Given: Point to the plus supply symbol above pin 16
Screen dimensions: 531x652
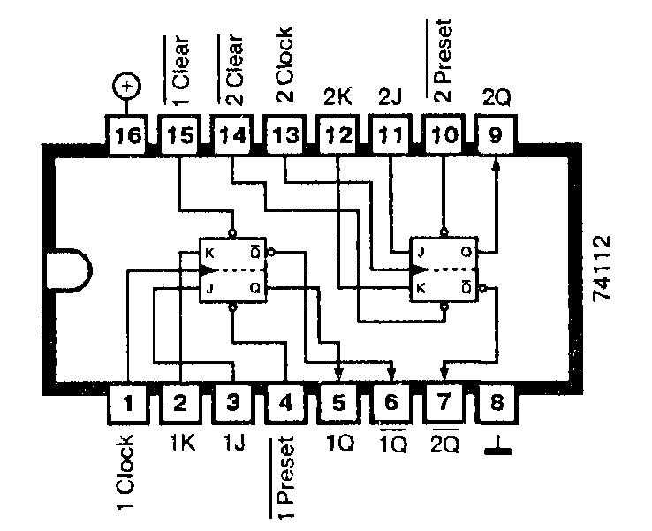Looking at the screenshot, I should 128,87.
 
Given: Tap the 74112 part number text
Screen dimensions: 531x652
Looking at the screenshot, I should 603,269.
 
